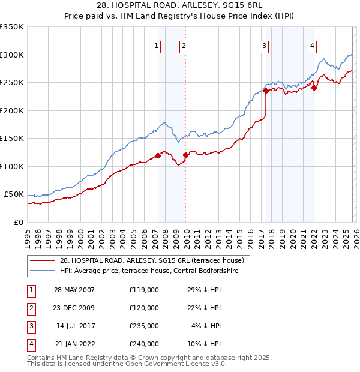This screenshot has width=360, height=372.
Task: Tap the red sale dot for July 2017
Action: click(265, 92)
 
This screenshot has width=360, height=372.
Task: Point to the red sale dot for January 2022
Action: click(314, 88)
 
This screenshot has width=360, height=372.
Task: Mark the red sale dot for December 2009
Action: click(185, 155)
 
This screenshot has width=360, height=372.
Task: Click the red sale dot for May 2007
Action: click(158, 155)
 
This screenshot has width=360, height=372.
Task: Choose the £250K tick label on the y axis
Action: click(12, 83)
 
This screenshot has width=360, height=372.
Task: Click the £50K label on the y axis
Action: click(14, 194)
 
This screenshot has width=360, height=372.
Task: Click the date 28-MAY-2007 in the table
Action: click(74, 290)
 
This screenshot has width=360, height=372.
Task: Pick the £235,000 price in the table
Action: click(143, 326)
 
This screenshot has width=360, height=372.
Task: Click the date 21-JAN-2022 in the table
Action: click(74, 344)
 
